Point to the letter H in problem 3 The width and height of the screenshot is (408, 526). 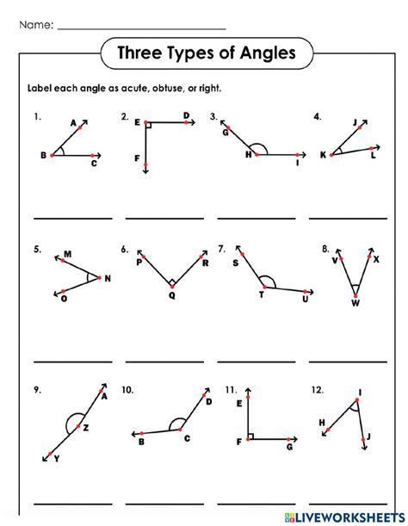(x=247, y=155)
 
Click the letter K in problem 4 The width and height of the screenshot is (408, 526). (x=324, y=155)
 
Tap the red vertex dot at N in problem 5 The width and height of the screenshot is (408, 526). (x=100, y=277)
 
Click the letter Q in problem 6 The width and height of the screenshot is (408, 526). (x=171, y=294)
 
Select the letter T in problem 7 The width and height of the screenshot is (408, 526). (x=261, y=295)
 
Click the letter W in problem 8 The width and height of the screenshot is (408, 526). (x=355, y=303)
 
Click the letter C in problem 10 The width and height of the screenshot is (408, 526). (x=187, y=439)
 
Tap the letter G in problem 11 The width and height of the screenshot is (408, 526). (x=289, y=448)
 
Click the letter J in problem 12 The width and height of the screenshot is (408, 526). (x=368, y=437)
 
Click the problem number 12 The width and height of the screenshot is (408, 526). (x=318, y=389)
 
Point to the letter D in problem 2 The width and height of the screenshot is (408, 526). (x=186, y=114)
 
